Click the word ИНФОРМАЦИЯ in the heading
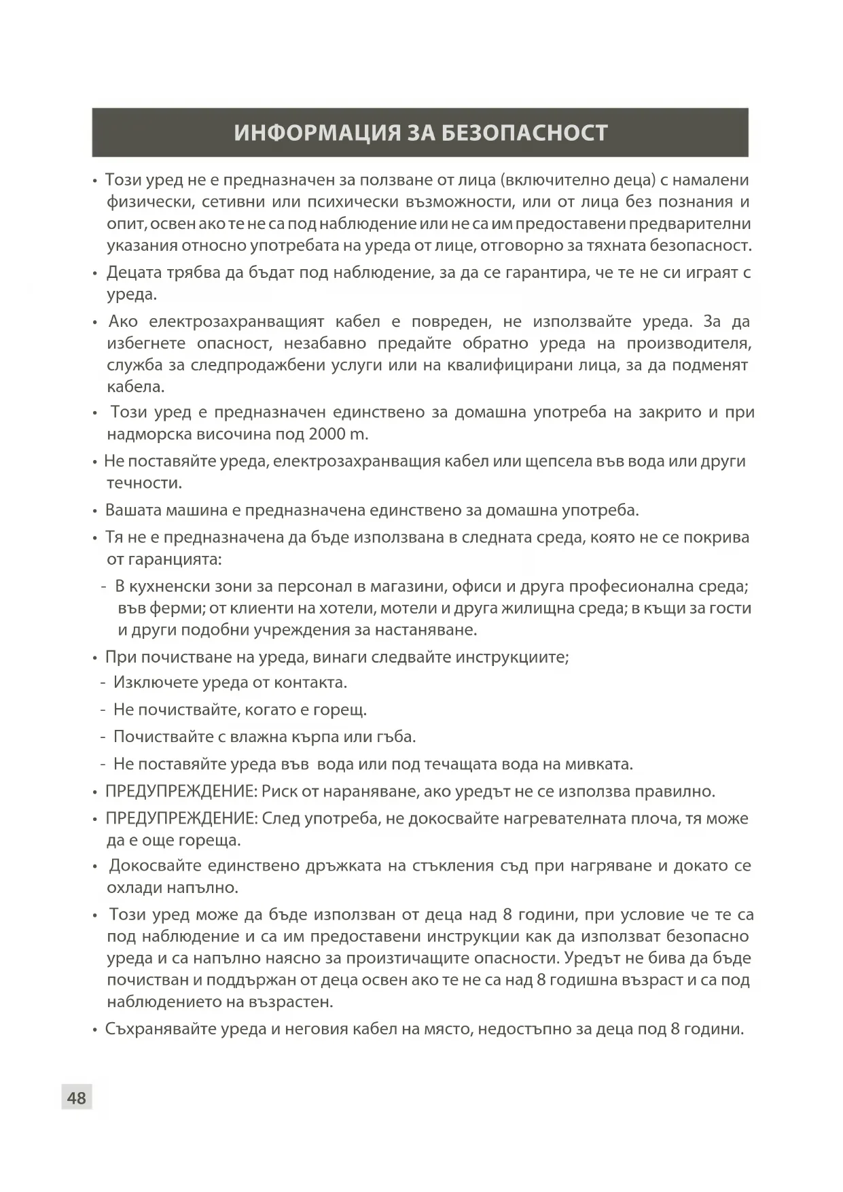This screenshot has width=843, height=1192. (318, 133)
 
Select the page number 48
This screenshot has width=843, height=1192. (76, 1098)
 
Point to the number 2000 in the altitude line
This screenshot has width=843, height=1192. (327, 434)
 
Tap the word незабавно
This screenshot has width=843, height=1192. (325, 343)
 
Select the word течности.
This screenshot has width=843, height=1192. (144, 483)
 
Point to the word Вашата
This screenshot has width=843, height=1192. (132, 510)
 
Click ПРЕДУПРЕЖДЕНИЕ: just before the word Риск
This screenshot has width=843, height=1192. (181, 792)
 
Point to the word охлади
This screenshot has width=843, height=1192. (134, 888)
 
